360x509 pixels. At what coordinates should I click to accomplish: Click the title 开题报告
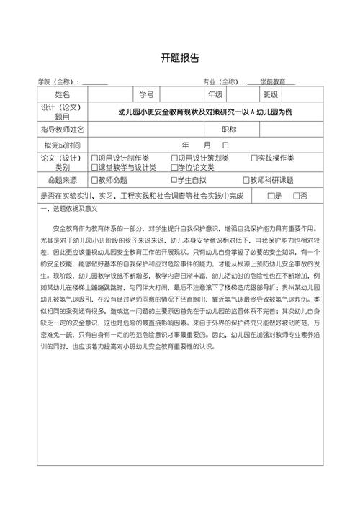(x=179, y=58)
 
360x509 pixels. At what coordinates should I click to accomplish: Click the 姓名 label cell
(x=63, y=94)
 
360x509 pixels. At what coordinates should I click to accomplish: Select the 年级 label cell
(x=215, y=94)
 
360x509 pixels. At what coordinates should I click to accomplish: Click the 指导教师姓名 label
(x=63, y=130)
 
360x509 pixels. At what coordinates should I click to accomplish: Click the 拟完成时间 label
(x=63, y=145)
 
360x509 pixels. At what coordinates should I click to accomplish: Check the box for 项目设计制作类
(x=94, y=158)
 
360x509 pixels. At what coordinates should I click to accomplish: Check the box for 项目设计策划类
(x=174, y=158)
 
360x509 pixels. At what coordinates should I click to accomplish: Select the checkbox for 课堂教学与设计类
(x=94, y=167)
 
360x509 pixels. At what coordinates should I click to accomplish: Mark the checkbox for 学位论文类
(x=174, y=167)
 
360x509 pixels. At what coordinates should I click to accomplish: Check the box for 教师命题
(x=94, y=181)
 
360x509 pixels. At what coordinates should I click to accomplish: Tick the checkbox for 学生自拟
(x=174, y=181)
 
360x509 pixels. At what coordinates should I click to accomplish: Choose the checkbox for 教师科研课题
(x=246, y=181)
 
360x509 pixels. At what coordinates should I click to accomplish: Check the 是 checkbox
(x=270, y=196)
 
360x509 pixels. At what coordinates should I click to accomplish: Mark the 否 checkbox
(x=296, y=196)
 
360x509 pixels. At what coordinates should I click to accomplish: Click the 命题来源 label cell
(x=63, y=181)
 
